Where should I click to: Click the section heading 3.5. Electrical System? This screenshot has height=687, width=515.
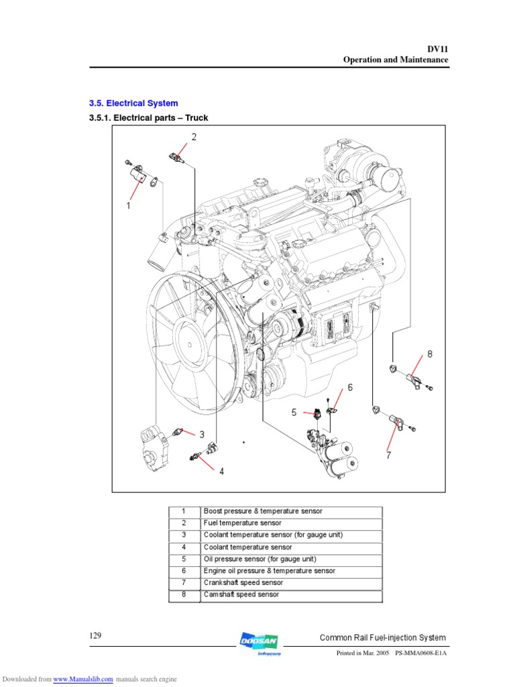(133, 103)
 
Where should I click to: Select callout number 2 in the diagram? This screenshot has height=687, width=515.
(194, 138)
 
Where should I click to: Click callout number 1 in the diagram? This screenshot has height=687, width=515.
(127, 206)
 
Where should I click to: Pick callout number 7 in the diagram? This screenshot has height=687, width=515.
(388, 456)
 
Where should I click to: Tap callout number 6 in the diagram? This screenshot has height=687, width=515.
(349, 388)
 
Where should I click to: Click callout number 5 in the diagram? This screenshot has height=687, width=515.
(294, 413)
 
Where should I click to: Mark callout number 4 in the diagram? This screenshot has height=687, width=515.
(221, 471)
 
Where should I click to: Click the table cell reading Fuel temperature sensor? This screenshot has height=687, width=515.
(242, 523)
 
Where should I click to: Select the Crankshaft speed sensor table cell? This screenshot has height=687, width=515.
(241, 582)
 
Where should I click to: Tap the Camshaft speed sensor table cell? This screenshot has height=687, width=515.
(241, 594)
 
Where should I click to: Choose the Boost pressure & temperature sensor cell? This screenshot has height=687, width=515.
(263, 511)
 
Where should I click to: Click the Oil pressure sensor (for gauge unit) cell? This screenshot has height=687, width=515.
(260, 559)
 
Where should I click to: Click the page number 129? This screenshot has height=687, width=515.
(95, 635)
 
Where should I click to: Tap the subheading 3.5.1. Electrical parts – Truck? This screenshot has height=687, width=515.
(148, 118)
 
